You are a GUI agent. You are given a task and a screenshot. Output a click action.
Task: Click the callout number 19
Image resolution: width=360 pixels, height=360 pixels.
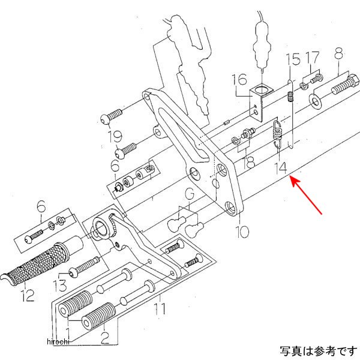[x=116, y=136]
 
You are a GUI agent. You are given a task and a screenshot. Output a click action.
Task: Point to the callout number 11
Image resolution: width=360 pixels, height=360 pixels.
[x=159, y=310]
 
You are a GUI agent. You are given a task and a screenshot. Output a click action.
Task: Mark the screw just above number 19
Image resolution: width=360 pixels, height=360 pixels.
[x=114, y=115]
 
